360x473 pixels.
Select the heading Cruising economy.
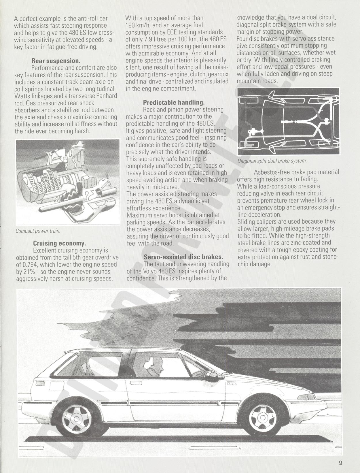[x=60, y=243]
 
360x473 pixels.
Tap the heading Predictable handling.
[x=174, y=102]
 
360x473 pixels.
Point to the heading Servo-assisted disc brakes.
[x=183, y=257]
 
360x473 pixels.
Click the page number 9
[x=340, y=463]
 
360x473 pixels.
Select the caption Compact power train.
[x=38, y=231]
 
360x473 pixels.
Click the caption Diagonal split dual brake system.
[x=272, y=161]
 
